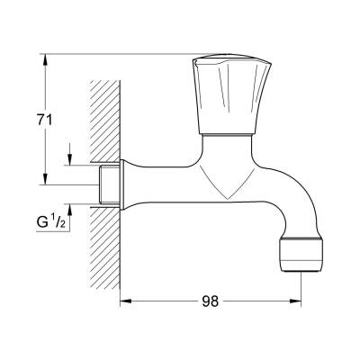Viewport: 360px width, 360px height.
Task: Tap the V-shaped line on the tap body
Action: coord(224,184)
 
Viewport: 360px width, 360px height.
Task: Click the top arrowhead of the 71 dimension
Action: coord(43,58)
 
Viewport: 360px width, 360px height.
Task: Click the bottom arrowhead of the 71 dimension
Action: coord(43,180)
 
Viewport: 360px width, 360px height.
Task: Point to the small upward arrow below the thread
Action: coord(71,211)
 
